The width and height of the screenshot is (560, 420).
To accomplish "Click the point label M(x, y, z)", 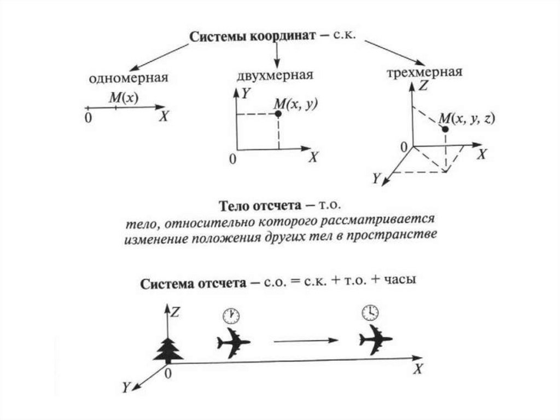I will coord(467,119).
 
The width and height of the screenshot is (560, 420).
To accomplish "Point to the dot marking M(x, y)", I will coord(278,113).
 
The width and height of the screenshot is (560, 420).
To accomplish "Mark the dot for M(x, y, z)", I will coord(445,129).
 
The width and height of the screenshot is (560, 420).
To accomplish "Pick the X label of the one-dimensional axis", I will coord(164,117).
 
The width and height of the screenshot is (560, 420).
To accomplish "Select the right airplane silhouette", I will coord(375,339).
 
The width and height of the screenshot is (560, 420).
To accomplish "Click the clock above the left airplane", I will coord(231,315).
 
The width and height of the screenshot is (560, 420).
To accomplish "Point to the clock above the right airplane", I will coord(370,312).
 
